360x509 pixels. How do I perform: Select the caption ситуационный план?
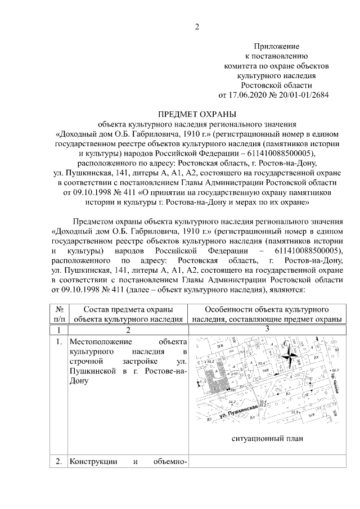[x=267, y=439]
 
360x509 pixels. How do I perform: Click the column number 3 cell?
[x=267, y=329]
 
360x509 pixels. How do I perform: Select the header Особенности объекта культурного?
[x=267, y=309]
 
